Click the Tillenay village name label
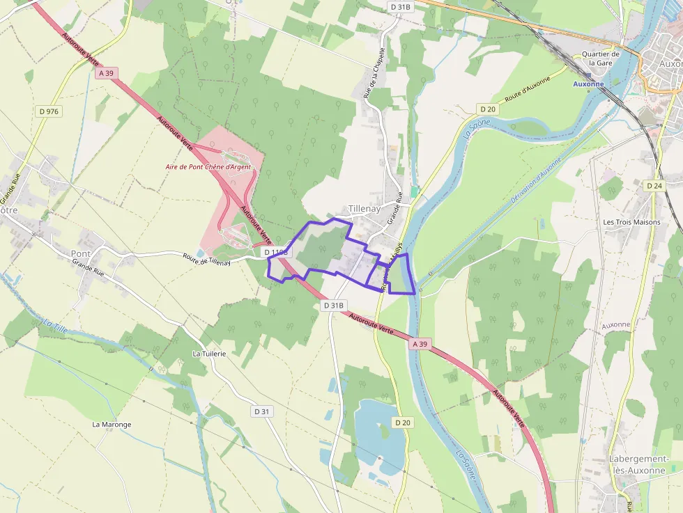click(364, 209)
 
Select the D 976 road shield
click(48, 111)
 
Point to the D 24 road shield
click(654, 186)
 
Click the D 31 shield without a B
click(261, 411)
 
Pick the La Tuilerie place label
click(209, 354)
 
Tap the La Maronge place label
click(112, 424)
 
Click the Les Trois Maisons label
click(631, 223)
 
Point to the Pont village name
click(81, 253)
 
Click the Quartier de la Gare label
click(600, 58)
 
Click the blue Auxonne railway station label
click(588, 84)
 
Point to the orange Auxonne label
click(615, 324)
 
